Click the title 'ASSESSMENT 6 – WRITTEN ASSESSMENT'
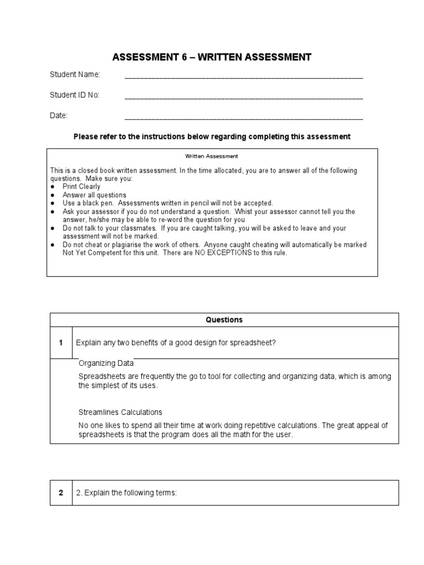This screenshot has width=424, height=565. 212,57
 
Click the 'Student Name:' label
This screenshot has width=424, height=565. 75,74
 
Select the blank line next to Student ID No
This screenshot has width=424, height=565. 243,98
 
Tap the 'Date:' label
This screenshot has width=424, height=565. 59,115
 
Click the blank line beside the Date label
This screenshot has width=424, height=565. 243,118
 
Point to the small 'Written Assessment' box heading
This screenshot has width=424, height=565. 212,156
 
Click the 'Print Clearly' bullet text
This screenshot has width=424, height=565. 81,186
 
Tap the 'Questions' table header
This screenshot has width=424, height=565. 224,319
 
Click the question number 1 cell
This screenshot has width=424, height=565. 61,343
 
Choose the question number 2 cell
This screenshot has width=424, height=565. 61,493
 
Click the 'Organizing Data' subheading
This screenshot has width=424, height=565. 106,363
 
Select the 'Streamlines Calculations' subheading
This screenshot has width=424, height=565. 120,412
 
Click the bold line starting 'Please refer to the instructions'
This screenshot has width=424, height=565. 212,136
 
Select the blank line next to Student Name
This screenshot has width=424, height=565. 243,77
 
